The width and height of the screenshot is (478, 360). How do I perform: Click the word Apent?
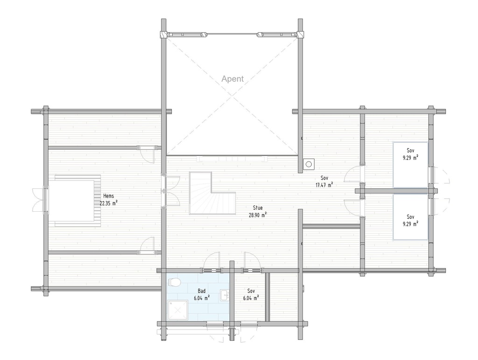(x=232, y=79)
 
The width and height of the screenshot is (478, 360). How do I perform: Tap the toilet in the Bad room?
(x=174, y=282)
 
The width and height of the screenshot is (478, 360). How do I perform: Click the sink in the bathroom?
(x=225, y=294)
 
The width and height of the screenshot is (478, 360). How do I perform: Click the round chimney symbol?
(x=309, y=164)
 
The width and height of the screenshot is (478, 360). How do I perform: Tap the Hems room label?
(x=108, y=196)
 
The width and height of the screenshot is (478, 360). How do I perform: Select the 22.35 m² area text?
(x=108, y=203)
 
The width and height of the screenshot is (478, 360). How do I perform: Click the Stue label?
(x=258, y=208)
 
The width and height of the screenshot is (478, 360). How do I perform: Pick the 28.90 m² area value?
(x=258, y=215)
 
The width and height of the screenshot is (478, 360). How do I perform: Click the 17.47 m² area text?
(x=324, y=185)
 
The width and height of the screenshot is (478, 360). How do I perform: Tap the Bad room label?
(x=202, y=291)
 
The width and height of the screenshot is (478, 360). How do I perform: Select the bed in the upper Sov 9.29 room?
(x=410, y=165)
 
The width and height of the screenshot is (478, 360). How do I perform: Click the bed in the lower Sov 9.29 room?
(x=410, y=217)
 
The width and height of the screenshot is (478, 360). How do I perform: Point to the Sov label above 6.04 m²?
(x=251, y=291)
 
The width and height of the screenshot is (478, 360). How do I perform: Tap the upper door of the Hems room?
(x=148, y=154)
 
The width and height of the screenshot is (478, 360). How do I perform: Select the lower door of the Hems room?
(x=148, y=245)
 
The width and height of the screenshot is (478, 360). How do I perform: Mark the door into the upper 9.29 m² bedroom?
(x=354, y=173)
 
